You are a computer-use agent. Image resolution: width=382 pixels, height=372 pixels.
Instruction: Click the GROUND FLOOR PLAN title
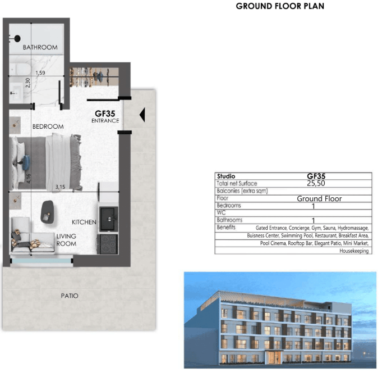[280, 6]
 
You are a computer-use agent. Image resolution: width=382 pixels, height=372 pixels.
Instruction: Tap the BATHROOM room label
[40, 47]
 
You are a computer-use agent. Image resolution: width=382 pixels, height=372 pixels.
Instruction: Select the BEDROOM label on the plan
[48, 126]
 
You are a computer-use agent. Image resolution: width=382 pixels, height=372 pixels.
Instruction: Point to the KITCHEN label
[84, 222]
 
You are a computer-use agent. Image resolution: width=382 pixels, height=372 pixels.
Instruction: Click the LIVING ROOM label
[66, 240]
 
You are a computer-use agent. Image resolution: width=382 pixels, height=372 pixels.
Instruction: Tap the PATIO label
[70, 296]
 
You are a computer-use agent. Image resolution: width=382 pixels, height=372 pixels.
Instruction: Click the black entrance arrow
[142, 115]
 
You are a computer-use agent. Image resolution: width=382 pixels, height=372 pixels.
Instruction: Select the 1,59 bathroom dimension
[40, 72]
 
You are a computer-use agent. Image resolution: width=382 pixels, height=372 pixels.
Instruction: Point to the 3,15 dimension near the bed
[60, 187]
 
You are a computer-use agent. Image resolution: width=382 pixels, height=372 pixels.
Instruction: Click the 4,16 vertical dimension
[29, 179]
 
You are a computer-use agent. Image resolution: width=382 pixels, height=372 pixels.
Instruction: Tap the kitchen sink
[109, 219]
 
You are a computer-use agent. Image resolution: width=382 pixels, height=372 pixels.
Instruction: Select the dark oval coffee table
[47, 212]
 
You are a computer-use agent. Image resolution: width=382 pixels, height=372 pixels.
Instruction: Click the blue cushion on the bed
[25, 162]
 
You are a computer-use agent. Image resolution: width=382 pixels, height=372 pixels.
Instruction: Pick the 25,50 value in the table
[316, 183]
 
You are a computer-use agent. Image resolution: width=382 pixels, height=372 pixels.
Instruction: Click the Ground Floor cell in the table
[319, 199]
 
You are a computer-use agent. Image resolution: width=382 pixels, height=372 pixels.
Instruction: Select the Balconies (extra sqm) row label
[242, 191]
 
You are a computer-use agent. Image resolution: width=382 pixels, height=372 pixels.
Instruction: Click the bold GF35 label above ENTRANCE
[105, 114]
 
